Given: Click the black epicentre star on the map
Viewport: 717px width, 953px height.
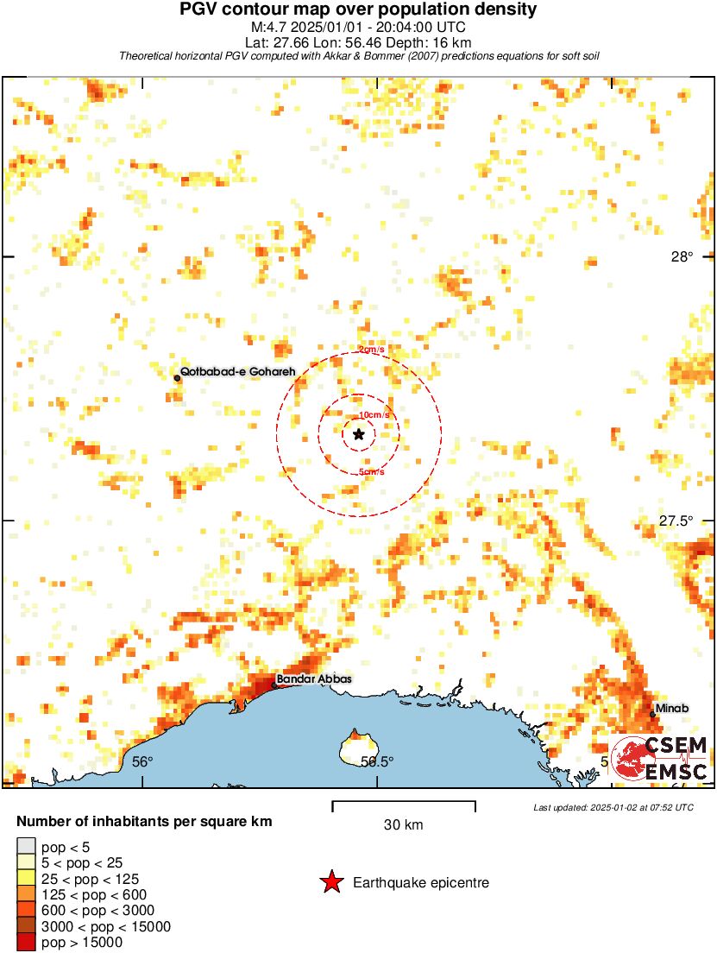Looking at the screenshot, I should (x=358, y=434).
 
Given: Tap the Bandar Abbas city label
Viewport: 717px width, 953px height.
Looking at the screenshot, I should (x=314, y=679).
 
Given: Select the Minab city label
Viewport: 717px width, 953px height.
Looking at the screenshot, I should (x=672, y=709).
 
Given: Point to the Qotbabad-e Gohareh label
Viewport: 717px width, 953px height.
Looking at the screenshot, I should (x=238, y=371).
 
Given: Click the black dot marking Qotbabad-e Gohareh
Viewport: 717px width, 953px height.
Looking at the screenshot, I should (x=177, y=377).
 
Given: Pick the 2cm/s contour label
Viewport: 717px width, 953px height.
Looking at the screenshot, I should (x=372, y=350).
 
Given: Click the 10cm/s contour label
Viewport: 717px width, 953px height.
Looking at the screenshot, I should (x=374, y=415).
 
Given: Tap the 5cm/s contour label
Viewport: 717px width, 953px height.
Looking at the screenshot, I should (x=371, y=471).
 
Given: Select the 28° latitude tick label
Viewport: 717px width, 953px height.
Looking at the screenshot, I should (x=682, y=256).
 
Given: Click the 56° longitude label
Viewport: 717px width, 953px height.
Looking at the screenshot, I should (x=142, y=761).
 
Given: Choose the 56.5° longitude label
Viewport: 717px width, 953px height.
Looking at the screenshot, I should (x=376, y=761).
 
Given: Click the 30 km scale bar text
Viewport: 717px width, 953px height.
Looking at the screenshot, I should (x=403, y=824).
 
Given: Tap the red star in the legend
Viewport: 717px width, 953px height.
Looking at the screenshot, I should (x=331, y=882).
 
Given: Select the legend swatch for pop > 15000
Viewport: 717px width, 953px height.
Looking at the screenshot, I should (x=26, y=943).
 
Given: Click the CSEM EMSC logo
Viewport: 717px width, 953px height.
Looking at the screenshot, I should (x=661, y=758).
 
